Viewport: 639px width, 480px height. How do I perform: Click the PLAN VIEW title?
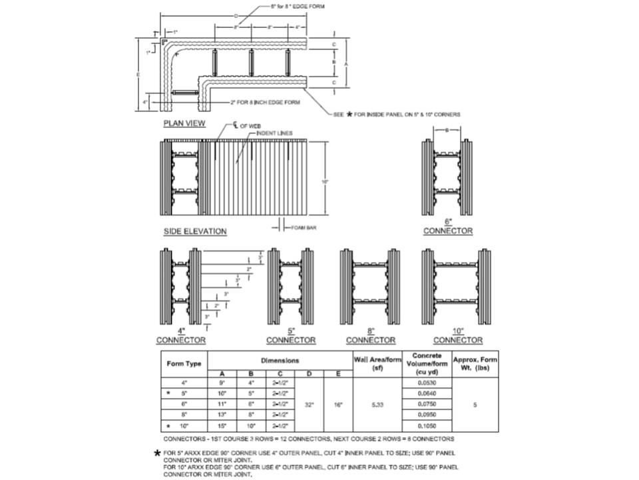(184, 123)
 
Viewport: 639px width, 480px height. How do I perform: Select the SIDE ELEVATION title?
(195, 231)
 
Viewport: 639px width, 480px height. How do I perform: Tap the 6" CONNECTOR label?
(448, 227)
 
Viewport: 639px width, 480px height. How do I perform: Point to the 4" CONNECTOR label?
(181, 336)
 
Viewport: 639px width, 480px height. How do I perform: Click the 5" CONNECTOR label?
(292, 336)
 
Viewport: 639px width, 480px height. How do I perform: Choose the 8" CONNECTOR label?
(370, 336)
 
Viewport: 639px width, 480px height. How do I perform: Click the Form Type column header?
(184, 364)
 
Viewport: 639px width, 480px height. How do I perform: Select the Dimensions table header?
(280, 360)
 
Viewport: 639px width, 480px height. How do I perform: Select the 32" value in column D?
(309, 404)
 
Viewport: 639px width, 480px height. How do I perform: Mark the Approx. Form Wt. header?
(475, 364)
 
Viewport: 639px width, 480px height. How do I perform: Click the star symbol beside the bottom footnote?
(156, 453)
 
